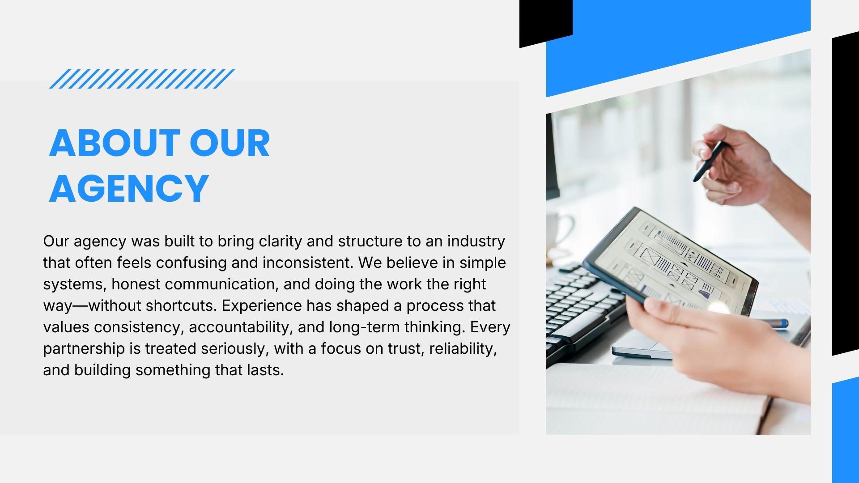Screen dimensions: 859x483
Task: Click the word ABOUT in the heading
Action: pos(115,143)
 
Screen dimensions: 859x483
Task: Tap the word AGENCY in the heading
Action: pos(129,188)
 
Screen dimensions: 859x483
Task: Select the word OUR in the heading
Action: pos(230,143)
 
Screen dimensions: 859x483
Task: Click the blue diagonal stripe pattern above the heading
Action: pos(142,79)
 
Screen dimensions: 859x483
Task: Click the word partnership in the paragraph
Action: pos(84,349)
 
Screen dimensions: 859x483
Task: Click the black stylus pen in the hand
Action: pos(709,161)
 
